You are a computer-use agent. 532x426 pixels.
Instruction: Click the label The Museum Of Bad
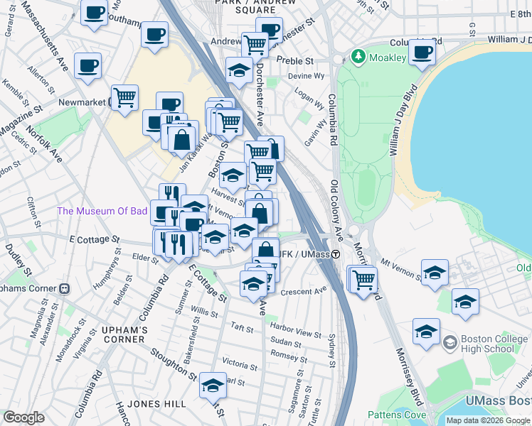(x=102, y=211)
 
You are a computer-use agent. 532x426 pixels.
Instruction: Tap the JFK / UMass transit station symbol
(x=334, y=254)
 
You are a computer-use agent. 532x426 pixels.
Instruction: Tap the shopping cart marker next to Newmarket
(x=125, y=97)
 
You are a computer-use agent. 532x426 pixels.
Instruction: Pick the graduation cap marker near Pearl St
(x=212, y=385)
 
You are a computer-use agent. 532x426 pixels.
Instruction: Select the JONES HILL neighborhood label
(x=158, y=404)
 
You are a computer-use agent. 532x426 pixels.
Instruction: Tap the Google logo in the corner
(x=23, y=417)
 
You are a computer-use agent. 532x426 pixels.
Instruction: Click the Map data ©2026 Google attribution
(x=488, y=420)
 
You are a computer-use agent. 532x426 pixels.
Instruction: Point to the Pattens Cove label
(x=397, y=415)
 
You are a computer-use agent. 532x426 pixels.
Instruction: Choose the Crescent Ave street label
(x=303, y=290)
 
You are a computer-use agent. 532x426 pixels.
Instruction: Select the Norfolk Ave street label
(x=44, y=143)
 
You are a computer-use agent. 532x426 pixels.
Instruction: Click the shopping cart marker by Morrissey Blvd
(x=363, y=278)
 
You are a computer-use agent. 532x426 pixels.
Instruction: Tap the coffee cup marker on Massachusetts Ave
(x=87, y=66)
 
